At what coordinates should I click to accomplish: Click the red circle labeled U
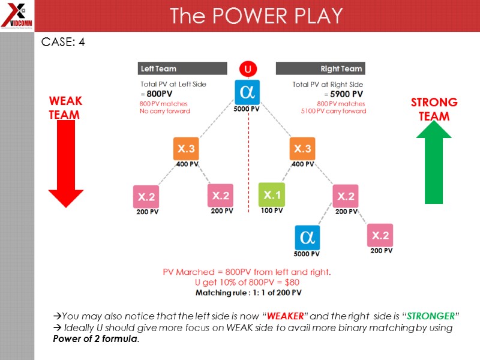click(247, 69)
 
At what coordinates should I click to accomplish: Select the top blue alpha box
click(247, 92)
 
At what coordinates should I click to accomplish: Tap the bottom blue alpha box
click(307, 236)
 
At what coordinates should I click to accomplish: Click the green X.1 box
click(271, 195)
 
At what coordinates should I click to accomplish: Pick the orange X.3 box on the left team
click(185, 149)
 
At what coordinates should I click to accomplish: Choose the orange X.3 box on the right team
click(302, 149)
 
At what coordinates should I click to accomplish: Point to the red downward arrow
click(65, 162)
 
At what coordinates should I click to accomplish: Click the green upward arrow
click(434, 162)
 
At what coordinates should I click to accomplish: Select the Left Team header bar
click(182, 68)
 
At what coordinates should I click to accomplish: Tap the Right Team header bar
click(320, 68)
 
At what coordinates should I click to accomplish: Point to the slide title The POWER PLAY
click(256, 16)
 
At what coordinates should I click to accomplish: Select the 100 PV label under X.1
click(271, 211)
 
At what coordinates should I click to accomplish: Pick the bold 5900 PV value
click(346, 94)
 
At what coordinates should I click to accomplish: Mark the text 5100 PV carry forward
click(333, 111)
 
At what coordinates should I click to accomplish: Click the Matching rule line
click(248, 293)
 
